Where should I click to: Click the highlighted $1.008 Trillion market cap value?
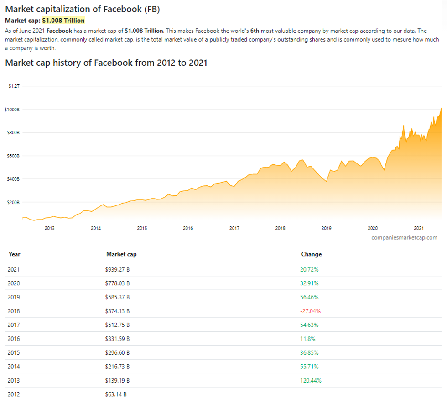63,21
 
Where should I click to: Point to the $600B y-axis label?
13,156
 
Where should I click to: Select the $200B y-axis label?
13,202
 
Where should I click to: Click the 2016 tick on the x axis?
188,228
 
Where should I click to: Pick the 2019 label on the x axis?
326,228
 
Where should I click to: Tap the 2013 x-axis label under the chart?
49,228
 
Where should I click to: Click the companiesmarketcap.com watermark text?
404,237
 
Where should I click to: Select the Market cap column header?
121,254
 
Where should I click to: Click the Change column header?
311,254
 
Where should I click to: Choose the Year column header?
14,254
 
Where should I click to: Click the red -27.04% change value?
310,311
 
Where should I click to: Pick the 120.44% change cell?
311,380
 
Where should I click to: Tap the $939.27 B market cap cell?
117,270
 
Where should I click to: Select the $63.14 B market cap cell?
116,394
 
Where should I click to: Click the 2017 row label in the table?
14,325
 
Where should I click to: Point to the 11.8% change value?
307,339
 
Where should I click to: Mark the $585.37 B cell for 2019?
117,297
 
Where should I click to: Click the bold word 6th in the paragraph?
255,31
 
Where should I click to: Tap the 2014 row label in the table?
14,367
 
